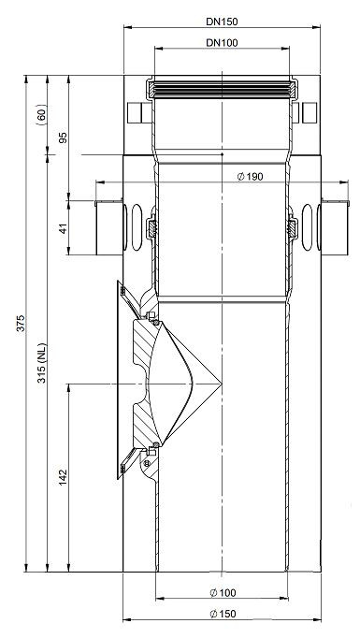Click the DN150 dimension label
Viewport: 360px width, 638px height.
pos(222,22)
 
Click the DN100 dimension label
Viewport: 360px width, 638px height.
pos(222,43)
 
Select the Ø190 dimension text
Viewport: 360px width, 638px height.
pos(251,177)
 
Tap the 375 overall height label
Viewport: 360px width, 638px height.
pos(21,323)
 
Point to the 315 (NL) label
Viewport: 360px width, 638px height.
pos(42,363)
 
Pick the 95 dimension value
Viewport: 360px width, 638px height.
pos(63,138)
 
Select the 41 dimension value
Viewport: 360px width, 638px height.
pos(63,228)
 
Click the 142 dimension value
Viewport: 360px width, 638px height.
pos(63,477)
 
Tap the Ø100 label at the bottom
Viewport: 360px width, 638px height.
pos(223,593)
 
